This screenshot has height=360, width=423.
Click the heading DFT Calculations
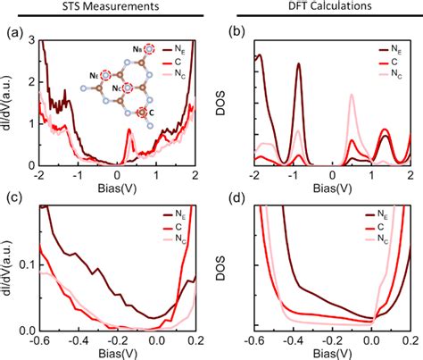pyautogui.click(x=317, y=9)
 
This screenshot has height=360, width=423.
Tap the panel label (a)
pyautogui.click(x=13, y=35)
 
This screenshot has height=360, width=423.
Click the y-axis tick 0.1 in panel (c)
pyautogui.click(x=27, y=266)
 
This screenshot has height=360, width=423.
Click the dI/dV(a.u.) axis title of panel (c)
pyautogui.click(x=11, y=268)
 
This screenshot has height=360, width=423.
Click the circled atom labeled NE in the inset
pyautogui.click(x=150, y=48)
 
